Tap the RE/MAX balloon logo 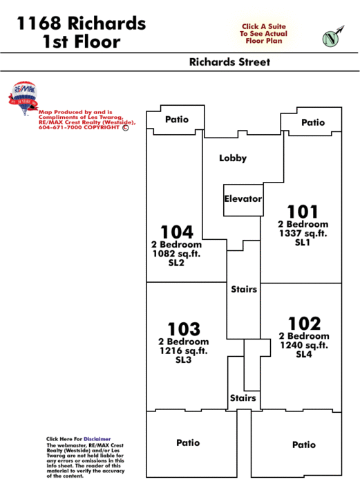(x=23, y=98)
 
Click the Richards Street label (x=229, y=62)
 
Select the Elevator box (x=243, y=200)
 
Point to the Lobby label (x=233, y=158)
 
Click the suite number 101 (x=303, y=212)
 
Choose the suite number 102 (x=305, y=324)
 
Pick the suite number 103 (x=184, y=329)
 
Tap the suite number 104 (x=177, y=232)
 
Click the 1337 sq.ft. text (x=303, y=234)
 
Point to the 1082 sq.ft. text (x=176, y=254)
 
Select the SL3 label (x=184, y=360)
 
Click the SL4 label (x=304, y=354)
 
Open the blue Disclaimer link (x=97, y=439)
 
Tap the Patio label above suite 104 (x=177, y=120)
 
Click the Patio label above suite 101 (x=313, y=122)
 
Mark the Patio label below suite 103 (x=188, y=443)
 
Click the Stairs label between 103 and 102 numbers (x=244, y=289)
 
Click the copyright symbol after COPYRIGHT (x=126, y=127)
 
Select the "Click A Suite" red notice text (x=264, y=26)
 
